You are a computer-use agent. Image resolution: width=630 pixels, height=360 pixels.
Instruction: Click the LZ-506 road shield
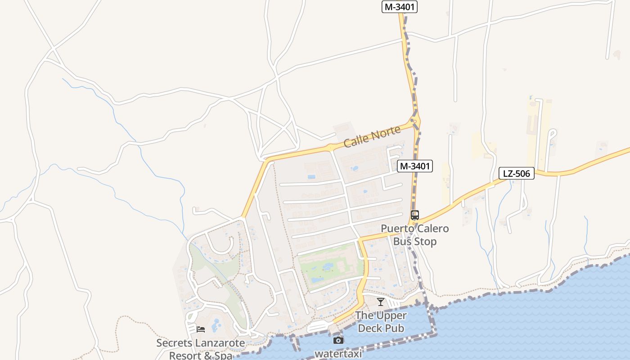point(516,173)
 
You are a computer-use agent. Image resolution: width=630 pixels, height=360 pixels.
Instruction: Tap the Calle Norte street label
point(372,137)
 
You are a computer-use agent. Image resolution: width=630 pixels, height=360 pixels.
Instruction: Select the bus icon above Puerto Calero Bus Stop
point(414,215)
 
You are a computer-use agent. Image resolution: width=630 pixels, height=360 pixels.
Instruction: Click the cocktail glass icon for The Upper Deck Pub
point(381,302)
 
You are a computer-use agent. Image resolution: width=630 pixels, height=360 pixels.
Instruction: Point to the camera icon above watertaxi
point(338,340)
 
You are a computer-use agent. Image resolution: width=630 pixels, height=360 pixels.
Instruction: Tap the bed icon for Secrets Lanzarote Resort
point(201,329)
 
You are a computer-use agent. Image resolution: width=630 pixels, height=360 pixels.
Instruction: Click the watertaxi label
point(338,354)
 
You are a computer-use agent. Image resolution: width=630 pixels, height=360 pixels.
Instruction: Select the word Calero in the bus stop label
point(431,229)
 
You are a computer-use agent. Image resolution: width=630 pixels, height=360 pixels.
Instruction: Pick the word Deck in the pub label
point(369,328)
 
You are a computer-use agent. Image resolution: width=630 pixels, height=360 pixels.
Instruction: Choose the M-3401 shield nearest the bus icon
point(415,166)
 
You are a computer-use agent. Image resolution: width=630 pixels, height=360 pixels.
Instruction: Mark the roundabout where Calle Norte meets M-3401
point(415,121)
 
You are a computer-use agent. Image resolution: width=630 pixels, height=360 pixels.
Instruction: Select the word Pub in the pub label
point(394,328)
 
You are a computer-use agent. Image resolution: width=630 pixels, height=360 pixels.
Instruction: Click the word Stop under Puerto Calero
point(425,242)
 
